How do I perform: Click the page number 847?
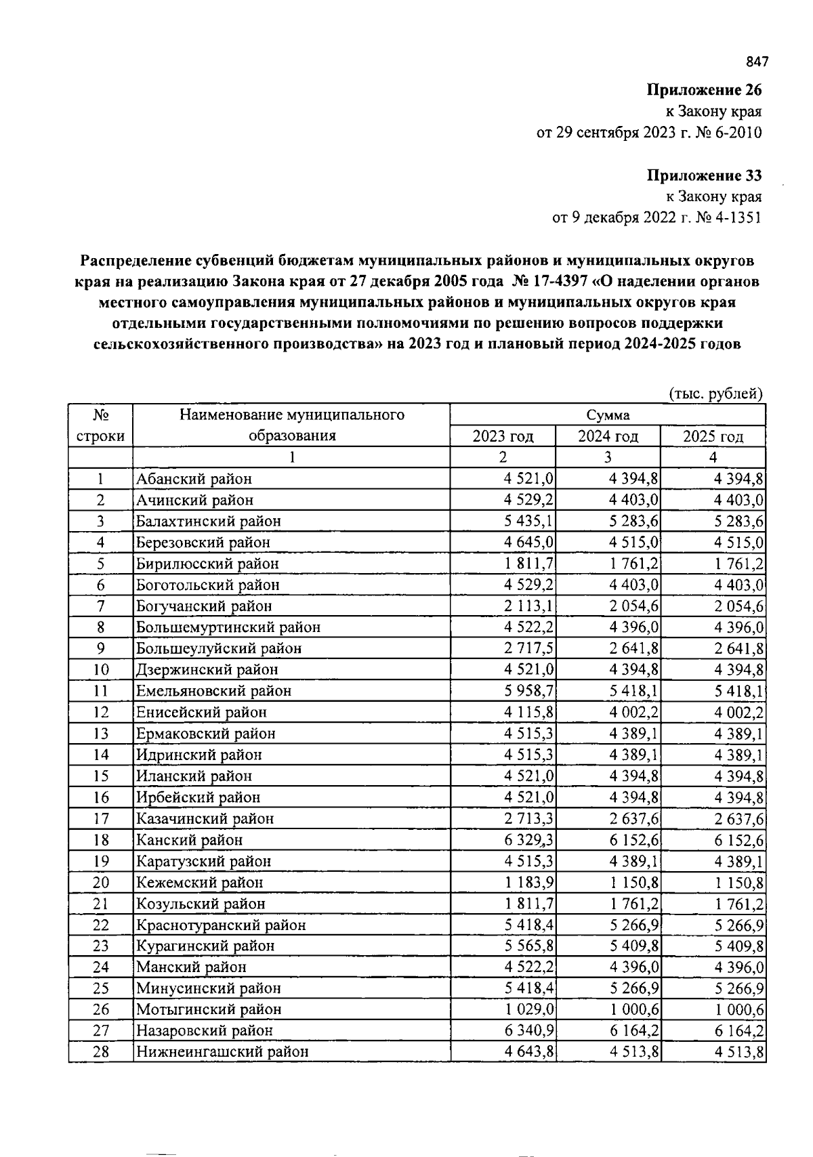click(x=757, y=62)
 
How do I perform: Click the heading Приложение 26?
click(x=704, y=90)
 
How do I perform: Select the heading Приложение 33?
click(x=704, y=176)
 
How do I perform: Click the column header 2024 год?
click(x=608, y=436)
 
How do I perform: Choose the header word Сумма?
click(x=608, y=415)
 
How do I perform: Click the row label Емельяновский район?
click(x=213, y=691)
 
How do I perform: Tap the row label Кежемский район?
click(x=199, y=883)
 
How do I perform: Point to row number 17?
click(x=100, y=819)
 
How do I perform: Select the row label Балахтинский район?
click(x=208, y=522)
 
